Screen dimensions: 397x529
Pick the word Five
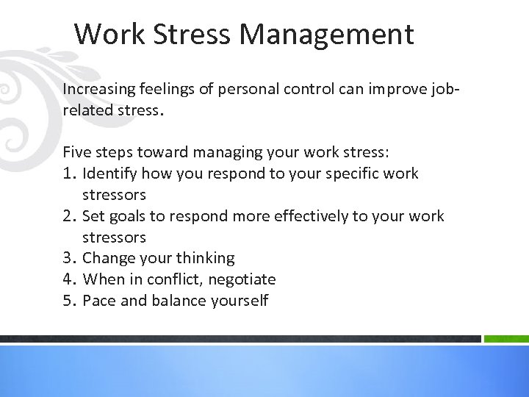pos(76,153)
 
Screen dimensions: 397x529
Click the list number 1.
pos(69,174)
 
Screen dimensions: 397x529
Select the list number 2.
pos(69,216)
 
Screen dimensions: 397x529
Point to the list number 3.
pos(69,258)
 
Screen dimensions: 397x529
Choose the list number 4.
pos(69,279)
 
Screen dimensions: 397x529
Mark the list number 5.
pos(69,301)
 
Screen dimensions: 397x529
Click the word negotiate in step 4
pos(242,279)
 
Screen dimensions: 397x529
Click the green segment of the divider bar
pos(505,339)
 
